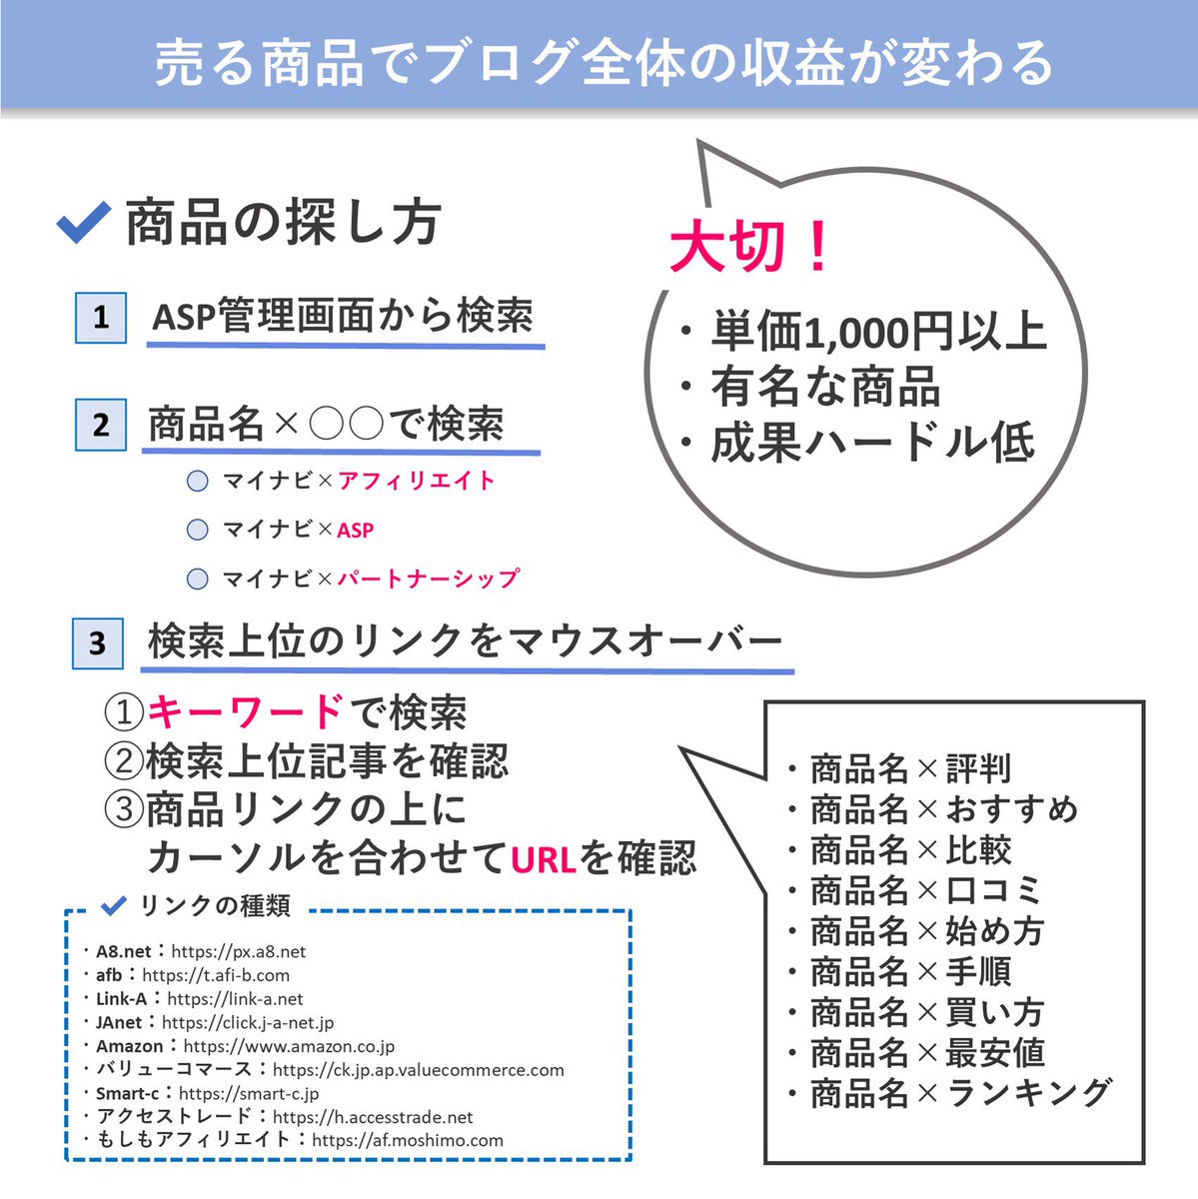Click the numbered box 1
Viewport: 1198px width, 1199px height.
(101, 318)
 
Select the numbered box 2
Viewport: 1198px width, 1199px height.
(101, 425)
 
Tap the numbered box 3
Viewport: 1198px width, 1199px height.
(97, 642)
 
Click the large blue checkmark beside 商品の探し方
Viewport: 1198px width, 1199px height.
(83, 222)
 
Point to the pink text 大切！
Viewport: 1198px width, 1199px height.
(750, 247)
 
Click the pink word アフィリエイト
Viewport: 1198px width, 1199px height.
(417, 481)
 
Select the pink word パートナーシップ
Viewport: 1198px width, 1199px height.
(428, 579)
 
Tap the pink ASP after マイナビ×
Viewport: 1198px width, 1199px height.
(356, 531)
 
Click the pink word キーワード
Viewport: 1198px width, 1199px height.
(246, 712)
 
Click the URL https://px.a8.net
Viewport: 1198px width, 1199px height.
(239, 952)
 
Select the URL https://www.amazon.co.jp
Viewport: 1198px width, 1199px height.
(289, 1046)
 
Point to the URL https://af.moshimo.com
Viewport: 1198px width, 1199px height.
(408, 1140)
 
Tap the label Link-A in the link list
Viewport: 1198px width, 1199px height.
(121, 999)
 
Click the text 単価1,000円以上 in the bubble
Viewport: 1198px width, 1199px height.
(878, 332)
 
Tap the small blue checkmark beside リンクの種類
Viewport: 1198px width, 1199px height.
(115, 905)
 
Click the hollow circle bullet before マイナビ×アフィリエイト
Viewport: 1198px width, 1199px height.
(198, 482)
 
